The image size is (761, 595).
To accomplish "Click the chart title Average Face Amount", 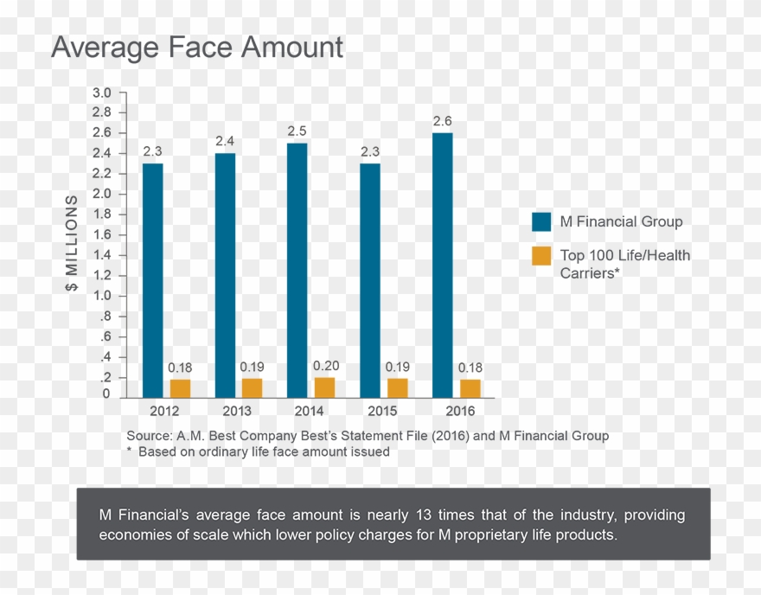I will pos(197,48).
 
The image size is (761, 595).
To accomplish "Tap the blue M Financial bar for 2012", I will pos(152,279).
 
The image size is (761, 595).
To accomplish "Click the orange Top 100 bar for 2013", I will pos(253,387).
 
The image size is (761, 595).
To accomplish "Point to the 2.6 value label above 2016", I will pos(442,121).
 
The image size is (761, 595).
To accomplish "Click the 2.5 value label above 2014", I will pos(297,131).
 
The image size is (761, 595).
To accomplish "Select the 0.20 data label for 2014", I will pos(326,366).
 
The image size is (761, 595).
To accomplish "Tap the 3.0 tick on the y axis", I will pos(102,93).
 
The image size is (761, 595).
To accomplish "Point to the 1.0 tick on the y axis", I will pos(102,296).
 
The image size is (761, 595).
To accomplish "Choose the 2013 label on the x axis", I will pos(237,411).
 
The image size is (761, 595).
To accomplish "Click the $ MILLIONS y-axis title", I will pos(72,243).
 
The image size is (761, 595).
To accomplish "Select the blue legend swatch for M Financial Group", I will pos(541,222).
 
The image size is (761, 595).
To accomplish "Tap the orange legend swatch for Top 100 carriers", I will pos(541,256).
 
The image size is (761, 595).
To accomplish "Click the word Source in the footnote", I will pos(148,436).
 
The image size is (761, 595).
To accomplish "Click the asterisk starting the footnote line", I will pos(130,451).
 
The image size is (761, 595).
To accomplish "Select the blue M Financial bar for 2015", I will pos(369,279).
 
